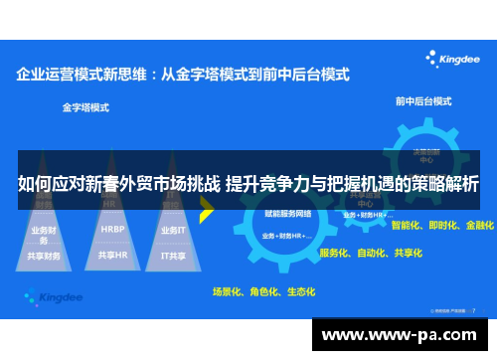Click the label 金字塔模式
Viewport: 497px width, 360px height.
coord(85,106)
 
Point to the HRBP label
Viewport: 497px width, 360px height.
coord(112,228)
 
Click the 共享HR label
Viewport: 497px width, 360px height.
coord(112,255)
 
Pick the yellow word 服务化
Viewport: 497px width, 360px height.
coord(335,253)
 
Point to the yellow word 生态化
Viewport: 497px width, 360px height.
coord(300,292)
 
